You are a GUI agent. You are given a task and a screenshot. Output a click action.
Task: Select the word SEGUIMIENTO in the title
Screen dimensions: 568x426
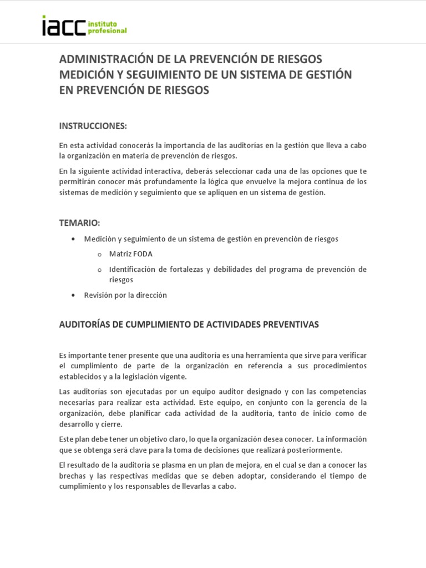(x=164, y=74)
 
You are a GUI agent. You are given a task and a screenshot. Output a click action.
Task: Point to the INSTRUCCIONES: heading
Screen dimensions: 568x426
(x=93, y=126)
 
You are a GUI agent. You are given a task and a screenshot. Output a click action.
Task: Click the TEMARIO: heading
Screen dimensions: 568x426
(x=79, y=223)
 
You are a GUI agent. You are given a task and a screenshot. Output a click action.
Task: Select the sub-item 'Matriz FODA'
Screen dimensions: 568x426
(x=130, y=254)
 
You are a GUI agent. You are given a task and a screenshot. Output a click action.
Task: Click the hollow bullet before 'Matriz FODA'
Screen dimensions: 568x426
(x=99, y=255)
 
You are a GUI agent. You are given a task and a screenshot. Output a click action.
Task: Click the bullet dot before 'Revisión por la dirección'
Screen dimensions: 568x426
(x=73, y=296)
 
